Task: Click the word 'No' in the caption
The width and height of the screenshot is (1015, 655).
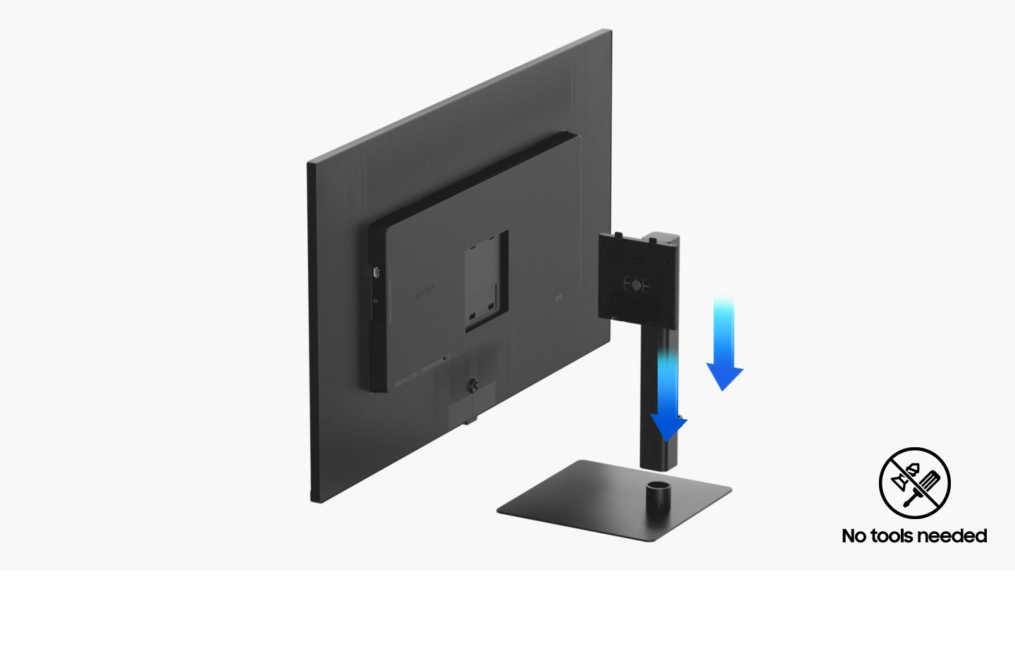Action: coord(854,536)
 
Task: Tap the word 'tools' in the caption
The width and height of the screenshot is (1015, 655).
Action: coord(892,536)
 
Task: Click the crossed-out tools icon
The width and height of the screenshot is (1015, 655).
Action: coord(914,482)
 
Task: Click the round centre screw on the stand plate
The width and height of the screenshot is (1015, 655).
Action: coord(636,285)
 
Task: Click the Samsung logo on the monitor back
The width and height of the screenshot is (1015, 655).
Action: coord(425,292)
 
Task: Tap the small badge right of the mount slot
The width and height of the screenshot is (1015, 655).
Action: coord(559,298)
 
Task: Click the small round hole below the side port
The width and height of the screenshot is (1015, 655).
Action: coord(375,301)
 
